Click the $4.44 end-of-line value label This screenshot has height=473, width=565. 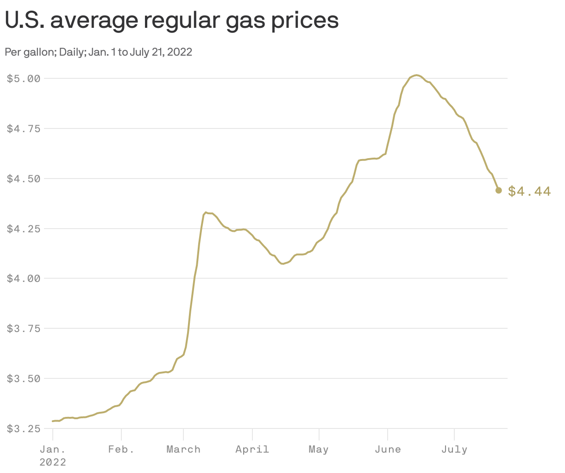click(x=529, y=191)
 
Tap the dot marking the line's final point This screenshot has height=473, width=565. click(x=498, y=190)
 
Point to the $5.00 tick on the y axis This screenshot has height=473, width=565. click(x=24, y=78)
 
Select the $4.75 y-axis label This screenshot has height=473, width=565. click(x=24, y=128)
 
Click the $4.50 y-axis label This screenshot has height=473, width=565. click(x=24, y=179)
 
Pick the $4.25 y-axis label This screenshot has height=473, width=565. click(x=24, y=229)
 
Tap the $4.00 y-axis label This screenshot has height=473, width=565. click(x=24, y=279)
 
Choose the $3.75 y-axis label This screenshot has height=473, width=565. click(x=24, y=329)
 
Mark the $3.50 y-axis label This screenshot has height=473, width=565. click(x=24, y=379)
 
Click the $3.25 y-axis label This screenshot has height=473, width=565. click(x=24, y=429)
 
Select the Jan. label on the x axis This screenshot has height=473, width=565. click(x=52, y=449)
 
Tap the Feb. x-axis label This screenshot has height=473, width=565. click(x=121, y=449)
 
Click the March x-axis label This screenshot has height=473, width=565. click(x=183, y=449)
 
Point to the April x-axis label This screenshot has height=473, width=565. click(x=252, y=449)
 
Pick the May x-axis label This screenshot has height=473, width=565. click(x=319, y=449)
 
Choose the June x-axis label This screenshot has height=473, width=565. click(x=388, y=449)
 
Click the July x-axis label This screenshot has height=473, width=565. click(x=454, y=449)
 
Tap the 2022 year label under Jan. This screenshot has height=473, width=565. click(x=52, y=462)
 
